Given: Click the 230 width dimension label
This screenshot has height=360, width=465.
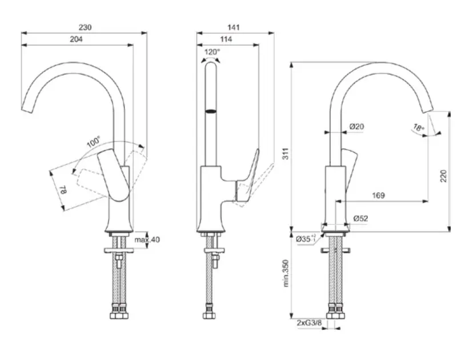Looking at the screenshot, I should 85,26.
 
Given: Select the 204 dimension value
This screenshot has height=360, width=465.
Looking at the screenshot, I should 77,39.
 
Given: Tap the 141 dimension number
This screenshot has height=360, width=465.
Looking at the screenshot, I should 233,26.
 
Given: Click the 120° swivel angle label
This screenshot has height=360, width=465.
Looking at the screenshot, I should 211,52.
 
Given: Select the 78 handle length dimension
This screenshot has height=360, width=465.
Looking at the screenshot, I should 63,191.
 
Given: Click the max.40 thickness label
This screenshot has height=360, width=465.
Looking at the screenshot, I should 147,239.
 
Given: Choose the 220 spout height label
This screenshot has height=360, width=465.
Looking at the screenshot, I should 443,176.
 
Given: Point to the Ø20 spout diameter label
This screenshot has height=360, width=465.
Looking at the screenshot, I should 357,127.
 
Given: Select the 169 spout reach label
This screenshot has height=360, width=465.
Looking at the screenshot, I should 378,195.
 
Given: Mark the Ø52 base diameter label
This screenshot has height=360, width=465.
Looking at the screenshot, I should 360,218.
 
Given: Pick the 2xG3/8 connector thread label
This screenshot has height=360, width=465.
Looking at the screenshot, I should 309,323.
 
